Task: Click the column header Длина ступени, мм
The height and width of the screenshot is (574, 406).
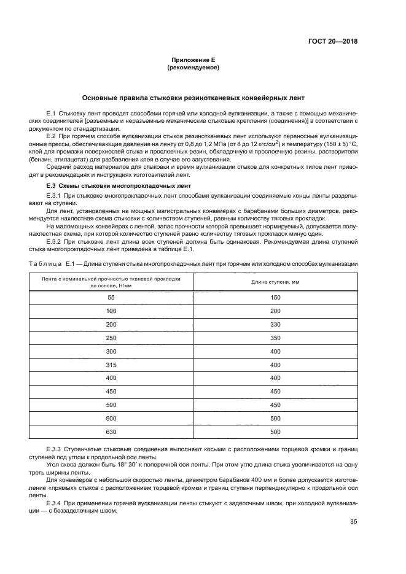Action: point(275,282)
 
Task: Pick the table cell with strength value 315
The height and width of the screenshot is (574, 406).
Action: point(111,365)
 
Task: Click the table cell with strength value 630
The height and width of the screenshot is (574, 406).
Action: point(111,432)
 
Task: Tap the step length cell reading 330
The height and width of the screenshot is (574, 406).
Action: point(275,324)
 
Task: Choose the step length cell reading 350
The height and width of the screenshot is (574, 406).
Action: point(275,338)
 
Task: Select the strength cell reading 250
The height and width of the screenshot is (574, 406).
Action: point(111,338)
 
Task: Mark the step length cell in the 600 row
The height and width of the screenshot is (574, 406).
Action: point(275,419)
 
